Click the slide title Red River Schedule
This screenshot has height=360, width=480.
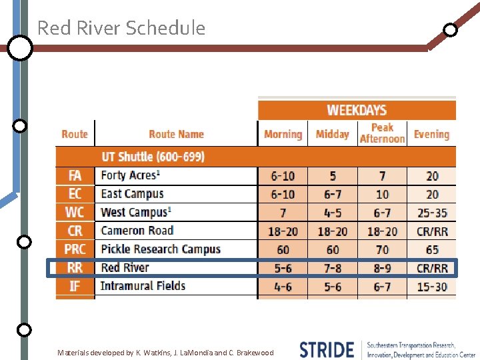pos(121,28)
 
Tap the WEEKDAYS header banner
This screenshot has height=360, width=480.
pos(357,110)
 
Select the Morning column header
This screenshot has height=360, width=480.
pos(283,134)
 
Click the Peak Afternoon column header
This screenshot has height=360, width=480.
pos(382,133)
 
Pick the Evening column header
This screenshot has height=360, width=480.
pos(431,134)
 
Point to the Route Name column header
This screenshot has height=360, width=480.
pos(176,134)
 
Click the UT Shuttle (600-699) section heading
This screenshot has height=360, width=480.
pos(153,157)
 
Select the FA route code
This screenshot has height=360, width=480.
pos(75,176)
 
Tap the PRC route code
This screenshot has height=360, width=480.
pos(75,249)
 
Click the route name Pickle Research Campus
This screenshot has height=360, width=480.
pos(160,249)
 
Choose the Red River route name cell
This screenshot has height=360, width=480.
pos(125,268)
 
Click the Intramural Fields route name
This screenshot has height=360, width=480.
pos(143,286)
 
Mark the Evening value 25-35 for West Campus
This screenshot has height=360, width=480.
pos(432,213)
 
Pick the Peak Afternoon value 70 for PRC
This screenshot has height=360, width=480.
pos(382,249)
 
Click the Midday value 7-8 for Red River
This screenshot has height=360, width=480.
pos(332,268)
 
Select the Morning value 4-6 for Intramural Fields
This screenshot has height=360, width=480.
pos(283,287)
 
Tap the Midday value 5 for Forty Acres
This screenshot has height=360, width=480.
pos(332,176)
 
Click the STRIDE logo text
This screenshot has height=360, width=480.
pos(327,349)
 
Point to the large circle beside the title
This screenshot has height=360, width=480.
pos(20,48)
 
